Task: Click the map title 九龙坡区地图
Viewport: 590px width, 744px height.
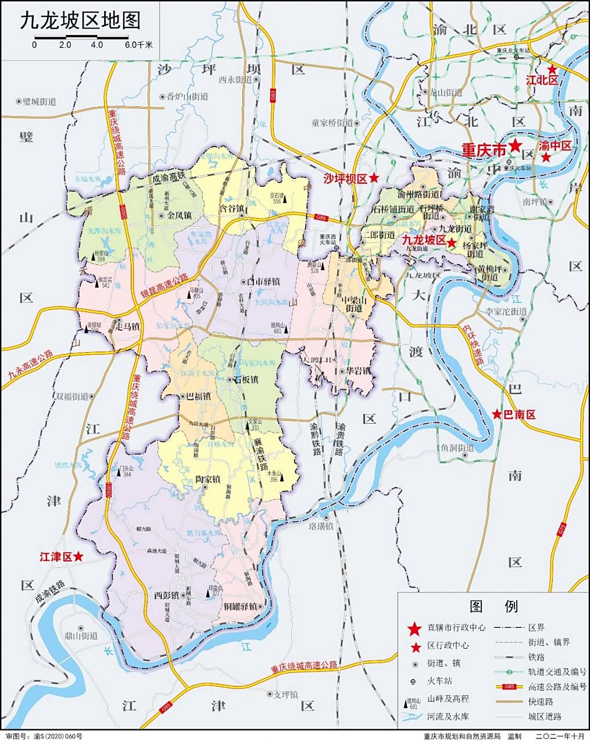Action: [x=81, y=22]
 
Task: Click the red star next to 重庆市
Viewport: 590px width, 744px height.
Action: [x=515, y=146]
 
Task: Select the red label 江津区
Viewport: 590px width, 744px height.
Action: [x=55, y=556]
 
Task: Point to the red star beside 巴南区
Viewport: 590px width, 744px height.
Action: [x=497, y=414]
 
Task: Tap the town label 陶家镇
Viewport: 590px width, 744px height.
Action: [x=208, y=480]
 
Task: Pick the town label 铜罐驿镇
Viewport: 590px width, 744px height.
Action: [x=240, y=606]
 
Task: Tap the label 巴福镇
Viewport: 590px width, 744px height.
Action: [x=198, y=396]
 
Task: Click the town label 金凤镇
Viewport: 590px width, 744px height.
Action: [x=179, y=215]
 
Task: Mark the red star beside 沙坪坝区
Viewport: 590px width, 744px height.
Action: [x=374, y=178]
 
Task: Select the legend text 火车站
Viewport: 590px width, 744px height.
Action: [x=440, y=681]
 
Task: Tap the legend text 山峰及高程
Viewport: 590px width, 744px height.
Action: [x=448, y=699]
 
